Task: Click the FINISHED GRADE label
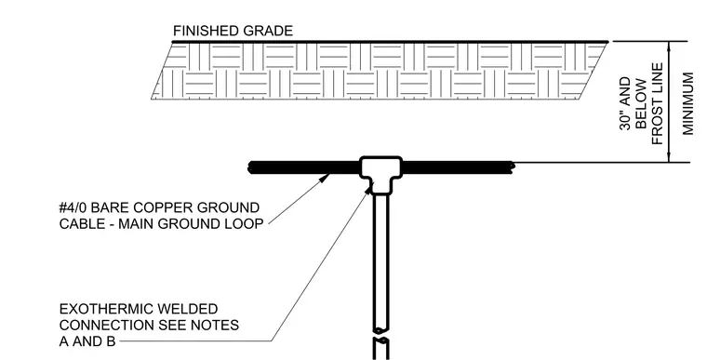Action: click(x=233, y=31)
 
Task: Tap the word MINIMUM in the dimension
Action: click(x=687, y=104)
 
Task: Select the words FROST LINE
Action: click(x=657, y=104)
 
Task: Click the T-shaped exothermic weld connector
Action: click(x=381, y=174)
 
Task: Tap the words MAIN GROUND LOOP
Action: click(x=191, y=224)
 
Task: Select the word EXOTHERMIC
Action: click(x=104, y=309)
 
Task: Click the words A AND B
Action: click(x=87, y=341)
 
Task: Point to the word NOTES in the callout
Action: click(x=218, y=326)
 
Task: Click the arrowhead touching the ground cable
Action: click(x=324, y=178)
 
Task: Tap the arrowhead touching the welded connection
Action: click(x=368, y=190)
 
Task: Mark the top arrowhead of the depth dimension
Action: click(x=669, y=46)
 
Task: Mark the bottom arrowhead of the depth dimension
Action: click(x=669, y=157)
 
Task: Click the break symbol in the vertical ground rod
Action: click(x=381, y=335)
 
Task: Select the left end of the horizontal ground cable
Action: click(x=249, y=167)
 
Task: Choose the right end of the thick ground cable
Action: click(x=514, y=167)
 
